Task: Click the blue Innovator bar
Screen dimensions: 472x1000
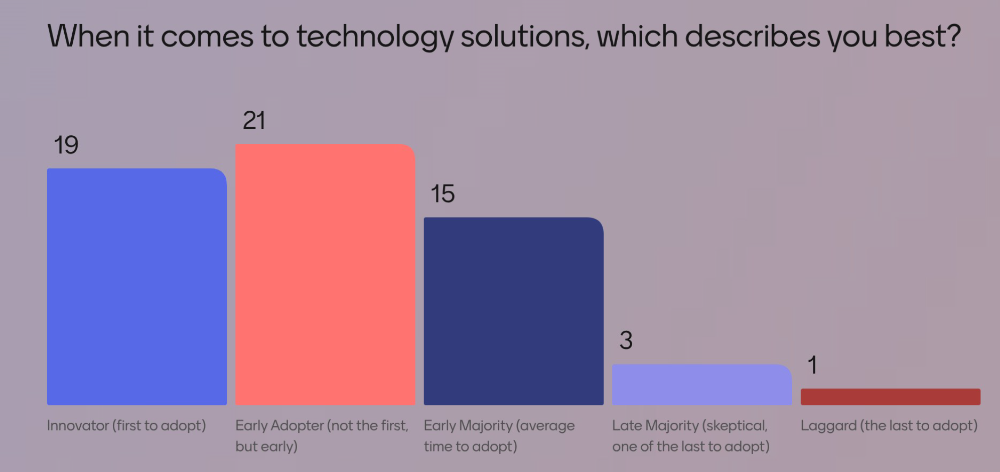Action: [136, 287]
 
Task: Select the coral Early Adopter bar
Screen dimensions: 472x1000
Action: [325, 275]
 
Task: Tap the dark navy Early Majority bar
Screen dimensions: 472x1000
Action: [513, 311]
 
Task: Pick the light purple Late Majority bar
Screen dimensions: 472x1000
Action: [701, 385]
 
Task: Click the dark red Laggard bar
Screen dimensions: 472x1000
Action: [890, 397]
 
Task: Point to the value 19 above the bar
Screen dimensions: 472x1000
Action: [66, 145]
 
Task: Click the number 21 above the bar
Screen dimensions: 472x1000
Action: [254, 121]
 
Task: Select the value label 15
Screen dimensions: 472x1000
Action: [443, 194]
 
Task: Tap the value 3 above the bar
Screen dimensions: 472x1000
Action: [626, 341]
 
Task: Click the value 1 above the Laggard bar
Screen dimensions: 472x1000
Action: [812, 365]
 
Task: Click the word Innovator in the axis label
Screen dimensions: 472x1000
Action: [78, 425]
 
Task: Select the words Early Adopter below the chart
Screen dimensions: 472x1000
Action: [279, 425]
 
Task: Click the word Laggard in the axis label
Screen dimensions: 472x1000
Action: [828, 425]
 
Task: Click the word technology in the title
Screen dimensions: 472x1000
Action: [375, 37]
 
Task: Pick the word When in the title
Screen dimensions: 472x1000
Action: [88, 37]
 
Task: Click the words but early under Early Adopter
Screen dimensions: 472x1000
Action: [266, 446]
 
